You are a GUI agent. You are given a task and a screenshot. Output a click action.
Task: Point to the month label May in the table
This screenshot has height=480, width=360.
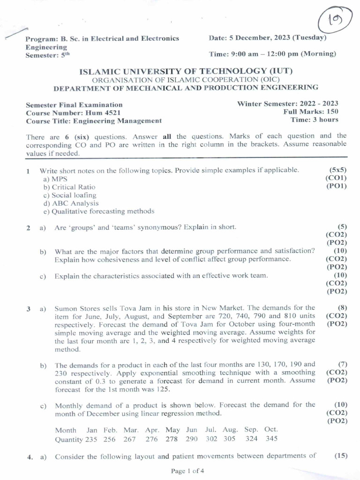pyautogui.click(x=172, y=430)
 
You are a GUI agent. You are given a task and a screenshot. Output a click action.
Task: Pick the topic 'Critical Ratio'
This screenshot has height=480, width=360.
pyautogui.click(x=69, y=187)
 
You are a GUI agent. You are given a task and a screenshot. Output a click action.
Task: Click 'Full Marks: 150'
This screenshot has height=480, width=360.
pyautogui.click(x=311, y=112)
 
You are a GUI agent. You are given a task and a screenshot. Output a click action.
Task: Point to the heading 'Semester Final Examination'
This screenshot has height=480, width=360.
pyautogui.click(x=74, y=105)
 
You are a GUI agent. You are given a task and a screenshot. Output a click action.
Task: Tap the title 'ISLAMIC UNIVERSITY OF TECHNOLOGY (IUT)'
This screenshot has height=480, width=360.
pyautogui.click(x=186, y=71)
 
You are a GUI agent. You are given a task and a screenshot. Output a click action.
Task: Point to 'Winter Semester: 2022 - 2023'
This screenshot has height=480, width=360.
pyautogui.click(x=287, y=104)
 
